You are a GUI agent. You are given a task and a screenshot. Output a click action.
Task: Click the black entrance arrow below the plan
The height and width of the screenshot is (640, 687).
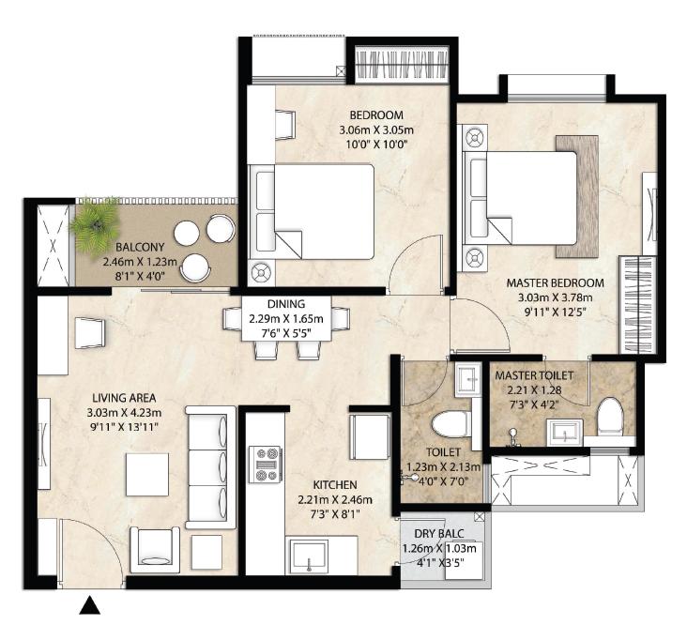pos(90,605)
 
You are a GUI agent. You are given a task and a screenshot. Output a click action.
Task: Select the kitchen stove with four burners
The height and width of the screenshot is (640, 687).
pos(265,465)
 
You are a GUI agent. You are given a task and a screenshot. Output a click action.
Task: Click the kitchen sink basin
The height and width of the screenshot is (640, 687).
pos(310,556)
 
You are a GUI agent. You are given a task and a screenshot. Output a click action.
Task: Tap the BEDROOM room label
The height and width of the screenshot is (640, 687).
pos(376,115)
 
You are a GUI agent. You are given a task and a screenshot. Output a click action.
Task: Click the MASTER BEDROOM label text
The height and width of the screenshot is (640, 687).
pos(555,283)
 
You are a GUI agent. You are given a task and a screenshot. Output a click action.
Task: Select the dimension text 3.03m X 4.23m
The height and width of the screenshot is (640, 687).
pos(124,412)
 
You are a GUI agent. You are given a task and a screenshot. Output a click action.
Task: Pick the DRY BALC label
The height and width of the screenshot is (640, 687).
pos(439,534)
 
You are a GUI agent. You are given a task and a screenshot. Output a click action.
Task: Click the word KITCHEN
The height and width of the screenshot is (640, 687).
pos(335,485)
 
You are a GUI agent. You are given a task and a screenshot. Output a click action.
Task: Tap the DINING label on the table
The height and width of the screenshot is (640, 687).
pos(286,304)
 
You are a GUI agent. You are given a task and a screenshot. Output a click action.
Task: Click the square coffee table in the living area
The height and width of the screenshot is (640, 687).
pos(147,475)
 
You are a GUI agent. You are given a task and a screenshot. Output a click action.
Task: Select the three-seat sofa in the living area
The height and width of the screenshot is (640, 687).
pos(210,467)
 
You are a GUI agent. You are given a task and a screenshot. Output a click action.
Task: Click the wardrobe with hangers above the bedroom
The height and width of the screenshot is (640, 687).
pos(402,65)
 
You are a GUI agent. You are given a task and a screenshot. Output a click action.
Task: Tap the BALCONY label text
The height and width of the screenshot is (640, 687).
pos(140,247)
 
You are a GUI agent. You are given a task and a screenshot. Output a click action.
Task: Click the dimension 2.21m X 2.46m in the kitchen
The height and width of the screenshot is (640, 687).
pos(335,500)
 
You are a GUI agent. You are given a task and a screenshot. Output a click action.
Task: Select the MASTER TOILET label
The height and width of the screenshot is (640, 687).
pos(534,375)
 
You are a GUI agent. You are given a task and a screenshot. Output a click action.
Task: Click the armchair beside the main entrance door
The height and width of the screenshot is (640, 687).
pos(155,550)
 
